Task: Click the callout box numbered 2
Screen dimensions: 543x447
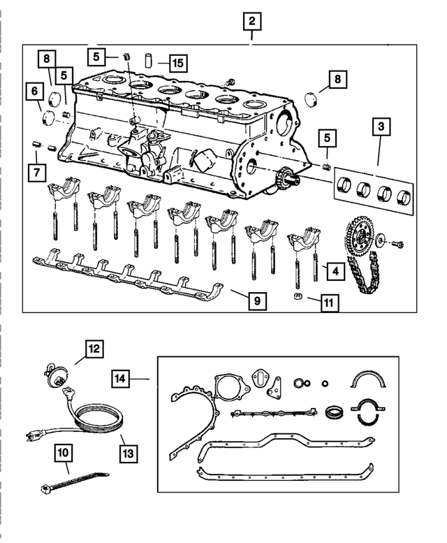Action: point(252,22)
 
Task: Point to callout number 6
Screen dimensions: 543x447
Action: point(33,91)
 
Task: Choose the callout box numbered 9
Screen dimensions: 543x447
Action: point(257,301)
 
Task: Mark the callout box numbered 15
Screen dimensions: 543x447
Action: point(178,64)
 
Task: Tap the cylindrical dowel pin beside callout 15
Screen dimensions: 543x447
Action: point(148,59)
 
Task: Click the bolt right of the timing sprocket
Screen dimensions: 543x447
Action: point(399,243)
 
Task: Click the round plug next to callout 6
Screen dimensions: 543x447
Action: point(50,116)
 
